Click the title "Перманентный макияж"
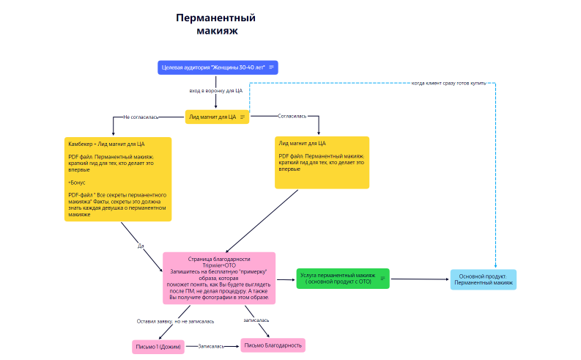coord(220,24)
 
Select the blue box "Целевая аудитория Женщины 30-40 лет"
coord(212,67)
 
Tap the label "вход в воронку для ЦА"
coord(216,91)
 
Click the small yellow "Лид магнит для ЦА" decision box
coord(212,117)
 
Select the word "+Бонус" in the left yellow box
coord(77,180)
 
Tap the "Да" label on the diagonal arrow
coord(141,246)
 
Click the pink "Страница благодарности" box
coord(219,278)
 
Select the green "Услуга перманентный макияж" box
coord(343,278)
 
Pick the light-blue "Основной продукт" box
coord(483,279)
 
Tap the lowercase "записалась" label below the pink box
coord(256,320)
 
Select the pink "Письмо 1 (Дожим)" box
coord(158,346)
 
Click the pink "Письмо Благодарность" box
coord(273,345)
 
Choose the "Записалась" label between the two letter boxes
coord(211,345)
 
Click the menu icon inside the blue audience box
coord(272,67)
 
